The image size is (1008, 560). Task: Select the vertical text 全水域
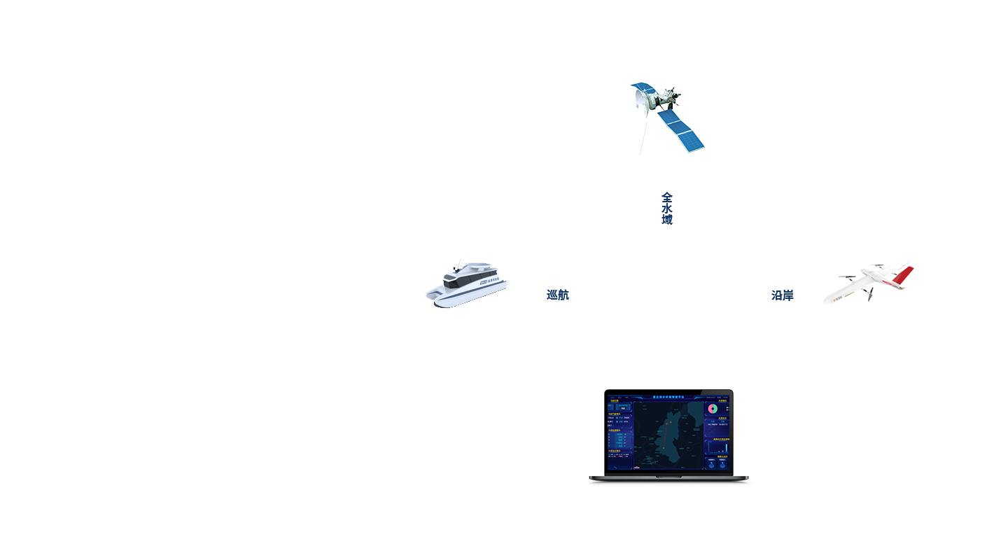[x=667, y=209]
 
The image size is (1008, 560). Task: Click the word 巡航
[x=558, y=295]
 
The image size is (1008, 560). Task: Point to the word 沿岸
[x=783, y=295]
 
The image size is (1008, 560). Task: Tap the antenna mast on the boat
[x=458, y=265]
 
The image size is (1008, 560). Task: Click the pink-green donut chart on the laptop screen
[x=713, y=408]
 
